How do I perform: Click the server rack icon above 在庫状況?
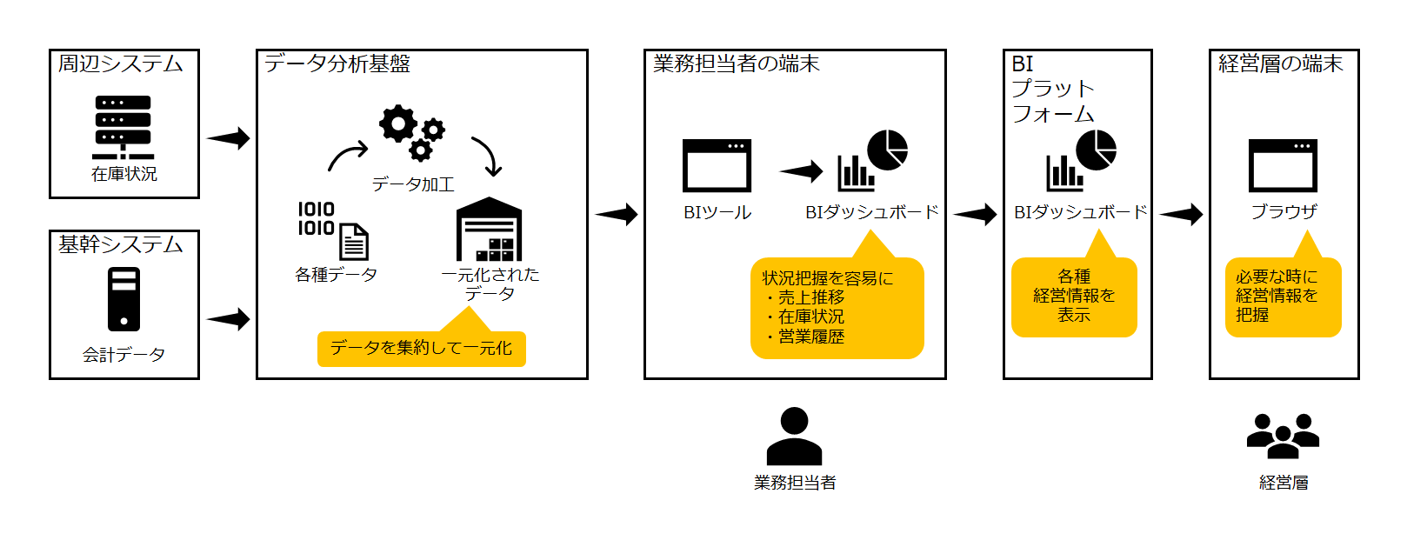(123, 127)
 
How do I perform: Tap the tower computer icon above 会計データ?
(123, 298)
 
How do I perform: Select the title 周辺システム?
(120, 63)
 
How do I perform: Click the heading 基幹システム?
(120, 244)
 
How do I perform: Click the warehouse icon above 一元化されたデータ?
(490, 230)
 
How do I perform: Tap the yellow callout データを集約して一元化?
(421, 349)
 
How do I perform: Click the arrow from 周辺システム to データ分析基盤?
(228, 138)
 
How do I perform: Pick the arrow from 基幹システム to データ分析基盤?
(228, 319)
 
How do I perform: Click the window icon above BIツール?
(717, 165)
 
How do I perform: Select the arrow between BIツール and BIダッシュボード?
(801, 171)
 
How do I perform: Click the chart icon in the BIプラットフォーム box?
(1081, 161)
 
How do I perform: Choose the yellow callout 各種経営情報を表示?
(1074, 297)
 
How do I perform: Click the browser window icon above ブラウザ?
(1283, 165)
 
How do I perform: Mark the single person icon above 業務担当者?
(794, 437)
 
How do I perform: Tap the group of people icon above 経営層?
(1283, 436)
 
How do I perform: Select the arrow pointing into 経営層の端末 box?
(1181, 214)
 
